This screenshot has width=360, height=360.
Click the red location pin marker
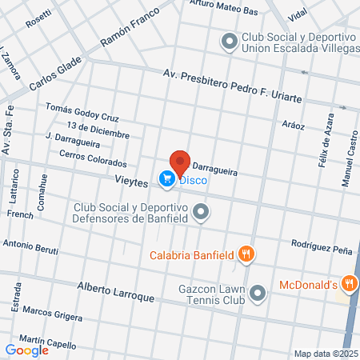[x=180, y=163]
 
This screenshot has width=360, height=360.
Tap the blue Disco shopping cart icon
[x=166, y=179]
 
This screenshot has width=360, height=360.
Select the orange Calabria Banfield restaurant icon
[x=246, y=255]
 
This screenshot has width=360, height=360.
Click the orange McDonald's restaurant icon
[x=349, y=284]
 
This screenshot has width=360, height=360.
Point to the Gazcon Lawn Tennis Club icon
[x=258, y=294]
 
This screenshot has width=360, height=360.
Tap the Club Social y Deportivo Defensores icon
[x=202, y=212]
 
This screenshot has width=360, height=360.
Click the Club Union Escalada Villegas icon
[x=230, y=41]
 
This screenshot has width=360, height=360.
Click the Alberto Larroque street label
[x=115, y=291]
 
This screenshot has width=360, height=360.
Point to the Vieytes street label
[x=131, y=183]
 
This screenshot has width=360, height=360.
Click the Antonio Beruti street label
[x=30, y=246]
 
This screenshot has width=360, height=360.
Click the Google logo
[x=27, y=350]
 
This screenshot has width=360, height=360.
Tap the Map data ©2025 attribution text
[x=324, y=353]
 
